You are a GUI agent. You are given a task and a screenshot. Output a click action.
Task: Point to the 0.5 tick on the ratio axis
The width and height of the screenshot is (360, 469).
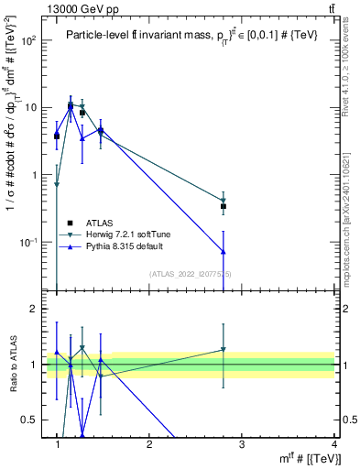tap(31, 420)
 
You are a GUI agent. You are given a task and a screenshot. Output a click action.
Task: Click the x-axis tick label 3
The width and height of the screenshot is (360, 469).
tap(241, 444)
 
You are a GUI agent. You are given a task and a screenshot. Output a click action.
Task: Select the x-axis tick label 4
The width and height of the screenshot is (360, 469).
tap(333, 444)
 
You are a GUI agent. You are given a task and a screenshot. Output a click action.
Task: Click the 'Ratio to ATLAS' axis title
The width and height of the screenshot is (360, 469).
tap(12, 364)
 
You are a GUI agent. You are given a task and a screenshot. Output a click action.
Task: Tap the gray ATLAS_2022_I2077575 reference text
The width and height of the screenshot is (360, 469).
tap(189, 274)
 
